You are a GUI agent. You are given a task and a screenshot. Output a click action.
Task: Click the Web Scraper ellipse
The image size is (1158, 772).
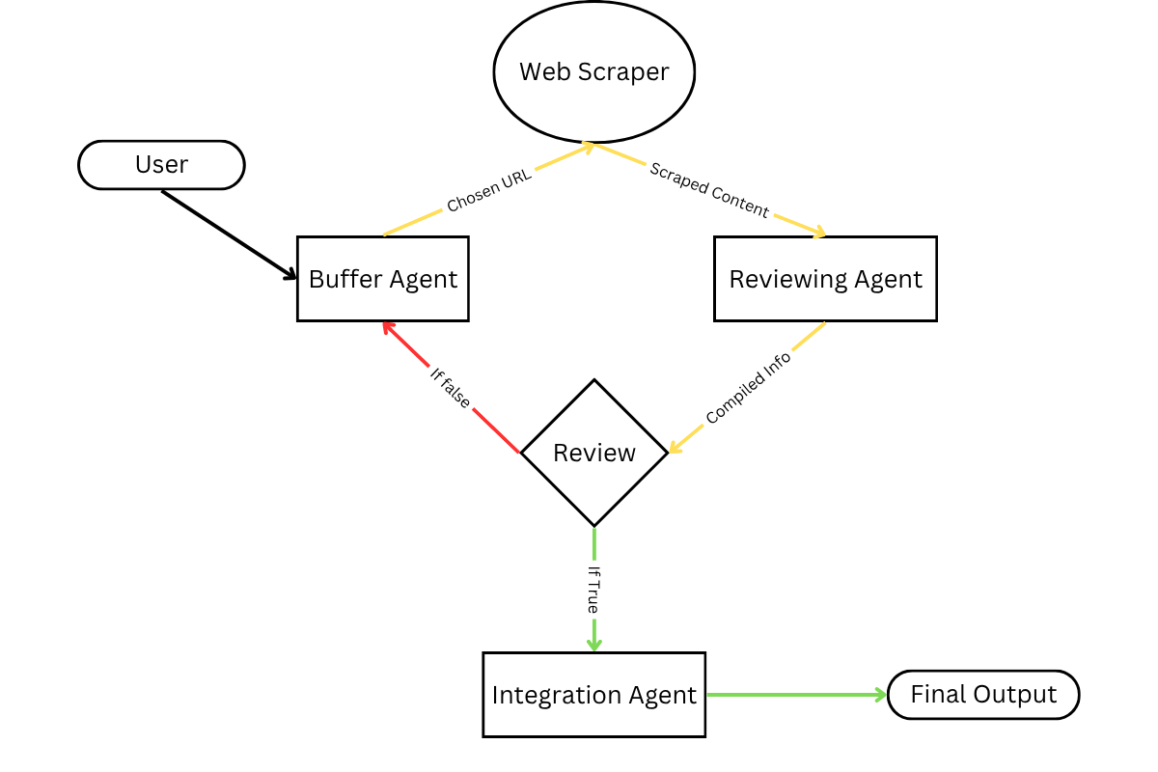593,71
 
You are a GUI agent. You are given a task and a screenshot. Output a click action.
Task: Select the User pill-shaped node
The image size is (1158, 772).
161,165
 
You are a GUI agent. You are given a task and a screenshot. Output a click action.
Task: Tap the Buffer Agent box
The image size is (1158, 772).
383,279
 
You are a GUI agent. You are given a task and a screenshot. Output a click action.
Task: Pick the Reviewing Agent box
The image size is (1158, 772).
825,279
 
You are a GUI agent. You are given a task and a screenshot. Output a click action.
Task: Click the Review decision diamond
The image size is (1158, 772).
594,453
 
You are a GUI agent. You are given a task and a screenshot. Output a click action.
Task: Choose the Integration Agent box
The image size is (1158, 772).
593,695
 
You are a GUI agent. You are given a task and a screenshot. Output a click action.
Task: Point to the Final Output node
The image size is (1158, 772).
982,695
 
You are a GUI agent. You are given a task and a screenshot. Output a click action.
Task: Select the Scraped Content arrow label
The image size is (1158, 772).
709,190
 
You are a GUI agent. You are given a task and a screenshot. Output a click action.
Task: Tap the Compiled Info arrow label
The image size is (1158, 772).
748,388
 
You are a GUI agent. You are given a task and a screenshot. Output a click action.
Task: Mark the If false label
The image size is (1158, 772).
451,387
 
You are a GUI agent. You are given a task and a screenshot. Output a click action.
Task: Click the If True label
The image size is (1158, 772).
593,590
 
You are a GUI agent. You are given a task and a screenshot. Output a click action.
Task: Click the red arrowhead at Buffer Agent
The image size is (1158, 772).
388,327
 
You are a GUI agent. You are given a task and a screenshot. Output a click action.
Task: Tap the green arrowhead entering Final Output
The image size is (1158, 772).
879,695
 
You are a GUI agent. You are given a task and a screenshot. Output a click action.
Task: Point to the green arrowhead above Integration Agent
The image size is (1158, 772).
594,644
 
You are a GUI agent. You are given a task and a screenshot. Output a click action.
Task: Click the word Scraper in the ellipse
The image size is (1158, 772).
632,71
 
